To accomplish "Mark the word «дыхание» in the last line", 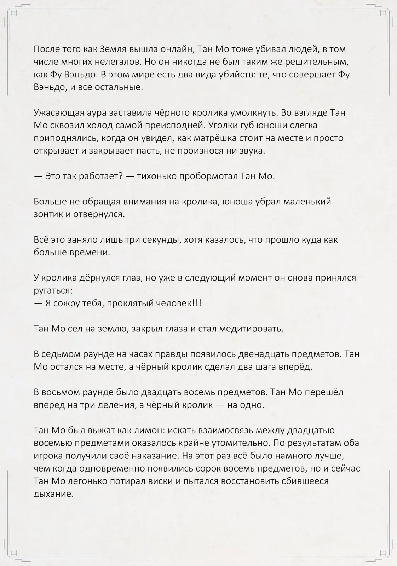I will (x=53, y=494).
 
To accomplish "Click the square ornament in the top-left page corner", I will (x=14, y=13).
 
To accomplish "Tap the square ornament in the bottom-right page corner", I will (x=383, y=553).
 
